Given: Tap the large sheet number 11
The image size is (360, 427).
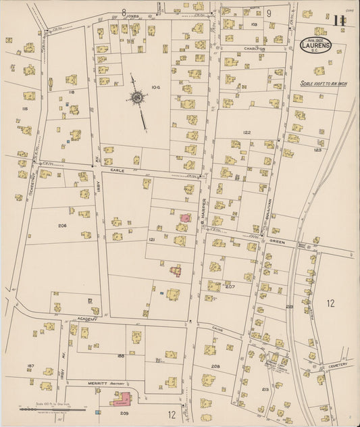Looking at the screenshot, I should (x=339, y=20).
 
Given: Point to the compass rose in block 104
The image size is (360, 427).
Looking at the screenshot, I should (x=138, y=99).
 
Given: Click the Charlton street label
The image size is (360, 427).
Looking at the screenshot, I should (x=255, y=49).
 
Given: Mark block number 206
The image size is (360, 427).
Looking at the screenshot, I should (x=62, y=226).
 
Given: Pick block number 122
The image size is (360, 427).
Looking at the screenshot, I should (x=247, y=132).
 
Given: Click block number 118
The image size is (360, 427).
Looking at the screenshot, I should (x=70, y=91).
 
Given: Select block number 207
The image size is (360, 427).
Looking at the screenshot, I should (x=230, y=287).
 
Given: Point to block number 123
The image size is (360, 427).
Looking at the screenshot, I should (x=317, y=150).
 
